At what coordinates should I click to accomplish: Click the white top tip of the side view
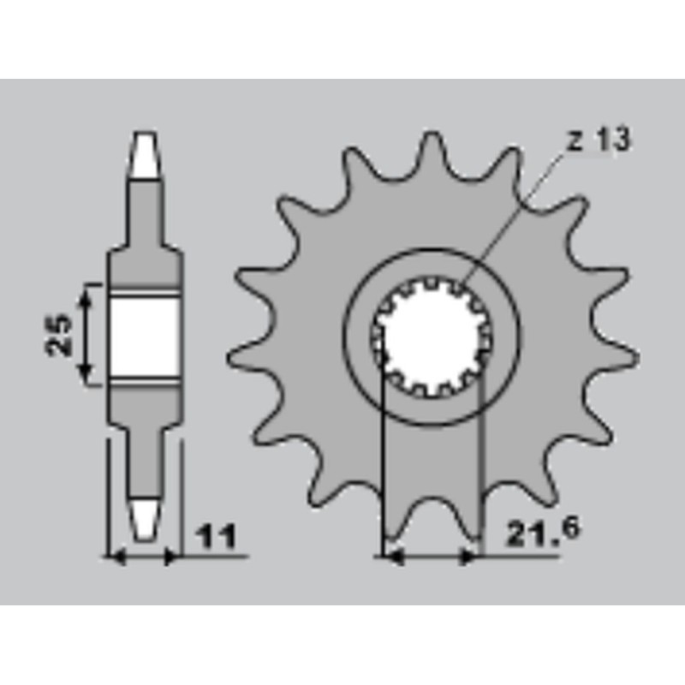(x=146, y=154)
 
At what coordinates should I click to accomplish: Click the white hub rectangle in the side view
(x=146, y=337)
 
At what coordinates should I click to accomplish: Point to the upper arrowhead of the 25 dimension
(x=84, y=295)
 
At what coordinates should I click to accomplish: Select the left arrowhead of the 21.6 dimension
(x=391, y=557)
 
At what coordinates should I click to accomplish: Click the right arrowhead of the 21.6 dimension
(x=468, y=557)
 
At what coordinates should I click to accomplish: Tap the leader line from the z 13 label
(x=514, y=214)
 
